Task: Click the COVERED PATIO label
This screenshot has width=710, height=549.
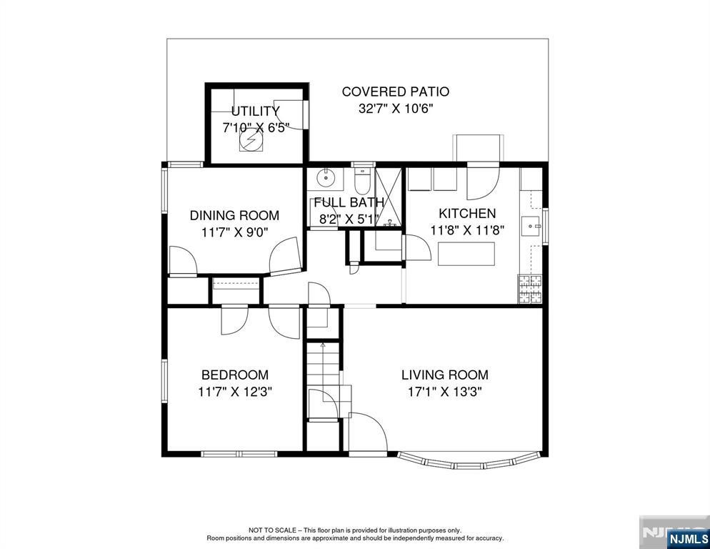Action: (x=395, y=91)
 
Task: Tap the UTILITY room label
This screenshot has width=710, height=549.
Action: (x=256, y=111)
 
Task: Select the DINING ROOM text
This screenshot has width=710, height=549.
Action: (x=234, y=215)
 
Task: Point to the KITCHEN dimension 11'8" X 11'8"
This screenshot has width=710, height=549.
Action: (x=467, y=230)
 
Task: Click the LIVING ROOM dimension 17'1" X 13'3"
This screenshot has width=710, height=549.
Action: (x=445, y=391)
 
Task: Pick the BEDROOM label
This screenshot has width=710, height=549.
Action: (x=235, y=375)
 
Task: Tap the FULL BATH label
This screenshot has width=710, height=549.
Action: (x=349, y=202)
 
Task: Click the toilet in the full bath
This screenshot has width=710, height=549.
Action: (x=362, y=182)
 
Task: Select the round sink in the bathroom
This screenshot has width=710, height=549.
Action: (x=325, y=177)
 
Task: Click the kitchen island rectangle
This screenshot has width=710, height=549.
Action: (x=466, y=254)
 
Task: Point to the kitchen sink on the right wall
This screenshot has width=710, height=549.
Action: (x=531, y=226)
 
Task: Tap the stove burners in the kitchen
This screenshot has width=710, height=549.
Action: (x=530, y=289)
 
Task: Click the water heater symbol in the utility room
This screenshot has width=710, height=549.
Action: (x=251, y=139)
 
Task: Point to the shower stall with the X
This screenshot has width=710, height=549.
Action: (x=389, y=197)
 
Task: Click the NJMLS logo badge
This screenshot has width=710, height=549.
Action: (x=688, y=538)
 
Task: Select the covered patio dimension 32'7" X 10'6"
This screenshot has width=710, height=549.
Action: (x=396, y=109)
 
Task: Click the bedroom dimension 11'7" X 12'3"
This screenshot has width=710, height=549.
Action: (x=234, y=391)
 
